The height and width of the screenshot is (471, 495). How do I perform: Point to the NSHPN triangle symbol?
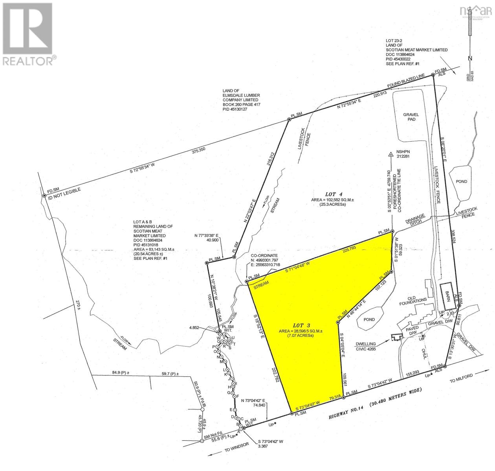(391, 155)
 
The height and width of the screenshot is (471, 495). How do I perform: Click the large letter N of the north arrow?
(469, 58)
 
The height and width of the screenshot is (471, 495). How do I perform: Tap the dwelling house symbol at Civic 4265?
(397, 337)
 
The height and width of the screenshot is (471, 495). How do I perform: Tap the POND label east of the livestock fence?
(462, 181)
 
